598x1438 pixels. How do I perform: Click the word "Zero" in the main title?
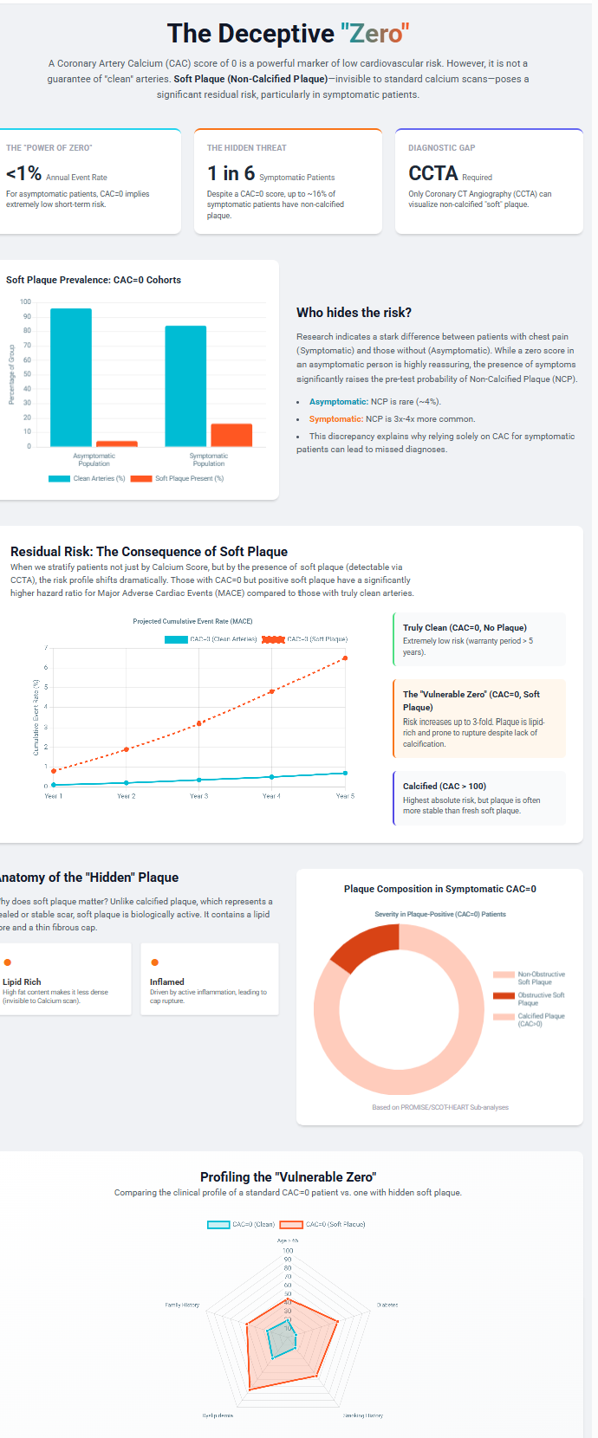click(374, 34)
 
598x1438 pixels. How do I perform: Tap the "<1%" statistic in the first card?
click(23, 173)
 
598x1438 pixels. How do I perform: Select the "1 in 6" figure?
click(231, 173)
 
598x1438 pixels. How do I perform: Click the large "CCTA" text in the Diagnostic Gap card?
click(432, 173)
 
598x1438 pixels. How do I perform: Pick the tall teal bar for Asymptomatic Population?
click(71, 377)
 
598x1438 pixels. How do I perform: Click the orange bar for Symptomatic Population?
click(231, 435)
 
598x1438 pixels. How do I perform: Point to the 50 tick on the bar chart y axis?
click(26, 374)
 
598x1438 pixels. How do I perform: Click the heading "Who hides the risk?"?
click(354, 313)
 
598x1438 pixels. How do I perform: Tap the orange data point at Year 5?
click(345, 658)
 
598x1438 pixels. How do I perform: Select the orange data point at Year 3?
click(199, 723)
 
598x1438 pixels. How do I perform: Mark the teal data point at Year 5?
click(345, 773)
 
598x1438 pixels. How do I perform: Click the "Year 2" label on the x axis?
click(127, 796)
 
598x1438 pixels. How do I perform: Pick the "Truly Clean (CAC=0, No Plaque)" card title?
click(465, 627)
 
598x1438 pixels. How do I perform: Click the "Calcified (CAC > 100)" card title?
click(444, 786)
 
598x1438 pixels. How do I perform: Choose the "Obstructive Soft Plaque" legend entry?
click(541, 999)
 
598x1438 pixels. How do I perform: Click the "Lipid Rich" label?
click(22, 981)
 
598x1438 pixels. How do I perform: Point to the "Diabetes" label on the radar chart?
click(387, 1305)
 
